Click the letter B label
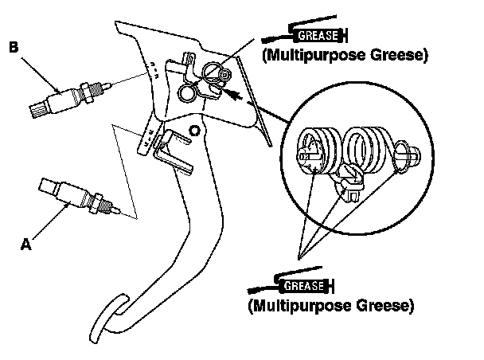click(x=13, y=48)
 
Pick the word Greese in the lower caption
click(x=386, y=305)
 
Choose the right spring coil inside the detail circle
click(x=368, y=150)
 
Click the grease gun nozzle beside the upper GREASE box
click(x=275, y=37)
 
